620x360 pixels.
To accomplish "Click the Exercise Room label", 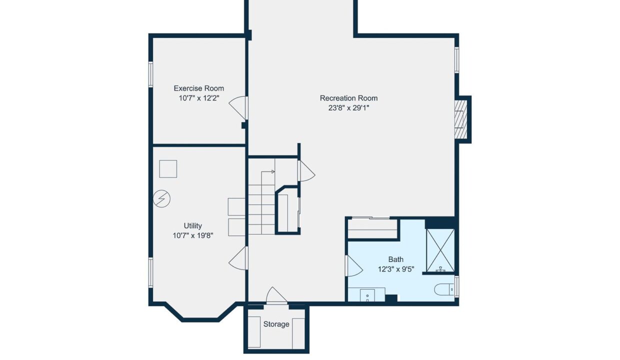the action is pos(198,88).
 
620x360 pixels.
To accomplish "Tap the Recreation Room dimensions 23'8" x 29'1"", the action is pos(349,108).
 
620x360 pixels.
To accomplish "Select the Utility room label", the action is pos(193,226).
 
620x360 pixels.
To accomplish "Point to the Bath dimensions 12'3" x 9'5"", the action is pos(396,269).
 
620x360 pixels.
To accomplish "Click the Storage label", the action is pos(276,324).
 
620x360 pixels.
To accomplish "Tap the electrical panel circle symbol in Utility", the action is pos(161,198).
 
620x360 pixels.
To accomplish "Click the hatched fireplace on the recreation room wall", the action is pos(461,119).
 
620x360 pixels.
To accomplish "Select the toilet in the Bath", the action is pos(444,289).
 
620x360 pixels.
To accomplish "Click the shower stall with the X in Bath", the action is pos(440,250).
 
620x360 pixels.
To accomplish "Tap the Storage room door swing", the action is pos(276,295).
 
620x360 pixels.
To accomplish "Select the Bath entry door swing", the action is pos(354,265).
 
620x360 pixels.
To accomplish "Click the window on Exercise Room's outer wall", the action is pos(151,74).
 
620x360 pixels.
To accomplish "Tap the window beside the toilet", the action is pos(456,286).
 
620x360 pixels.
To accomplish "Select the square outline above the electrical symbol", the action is pos(168,169).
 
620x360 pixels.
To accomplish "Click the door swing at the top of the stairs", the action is pos(306,171).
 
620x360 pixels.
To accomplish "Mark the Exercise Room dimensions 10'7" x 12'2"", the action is pos(199,98).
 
